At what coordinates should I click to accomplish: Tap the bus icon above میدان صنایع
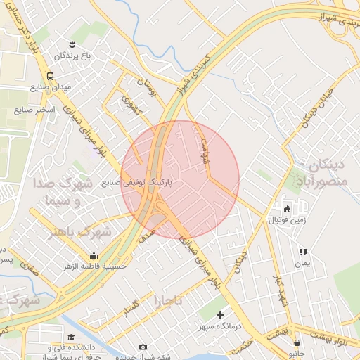click(x=50, y=76)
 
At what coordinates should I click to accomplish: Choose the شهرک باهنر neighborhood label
click(x=79, y=231)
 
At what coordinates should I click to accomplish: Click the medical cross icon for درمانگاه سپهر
click(x=221, y=315)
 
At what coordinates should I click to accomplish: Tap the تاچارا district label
click(x=168, y=301)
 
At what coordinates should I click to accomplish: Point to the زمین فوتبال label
click(x=287, y=220)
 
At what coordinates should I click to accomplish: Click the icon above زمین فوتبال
click(x=287, y=209)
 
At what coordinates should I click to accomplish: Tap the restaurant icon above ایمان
click(x=303, y=251)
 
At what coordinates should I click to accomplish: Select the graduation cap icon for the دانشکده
click(x=71, y=337)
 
